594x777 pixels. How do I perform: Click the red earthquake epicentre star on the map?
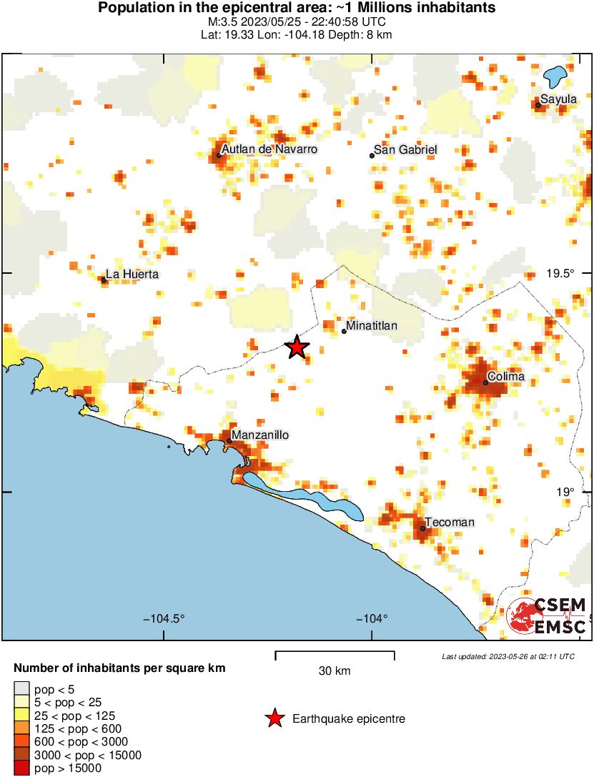click(x=297, y=347)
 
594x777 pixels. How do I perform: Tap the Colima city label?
click(x=505, y=376)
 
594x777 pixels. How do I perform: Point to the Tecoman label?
click(x=450, y=523)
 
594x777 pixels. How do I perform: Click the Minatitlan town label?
click(x=372, y=326)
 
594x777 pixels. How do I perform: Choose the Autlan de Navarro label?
click(x=269, y=149)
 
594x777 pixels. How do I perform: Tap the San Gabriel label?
click(x=406, y=149)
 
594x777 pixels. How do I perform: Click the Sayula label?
click(x=558, y=99)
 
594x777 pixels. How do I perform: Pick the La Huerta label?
click(x=132, y=274)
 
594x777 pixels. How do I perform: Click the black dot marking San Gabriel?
click(x=372, y=155)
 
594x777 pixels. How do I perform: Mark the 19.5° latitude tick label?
click(x=560, y=274)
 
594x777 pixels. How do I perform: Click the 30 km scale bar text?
click(x=335, y=670)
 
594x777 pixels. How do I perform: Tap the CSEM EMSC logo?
click(x=548, y=615)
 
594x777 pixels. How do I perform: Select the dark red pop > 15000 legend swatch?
click(x=22, y=768)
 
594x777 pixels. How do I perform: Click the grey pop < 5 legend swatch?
click(x=22, y=689)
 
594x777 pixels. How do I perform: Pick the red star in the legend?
click(x=274, y=719)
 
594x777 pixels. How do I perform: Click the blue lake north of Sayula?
click(x=555, y=75)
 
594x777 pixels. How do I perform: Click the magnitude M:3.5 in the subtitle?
click(x=218, y=22)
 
